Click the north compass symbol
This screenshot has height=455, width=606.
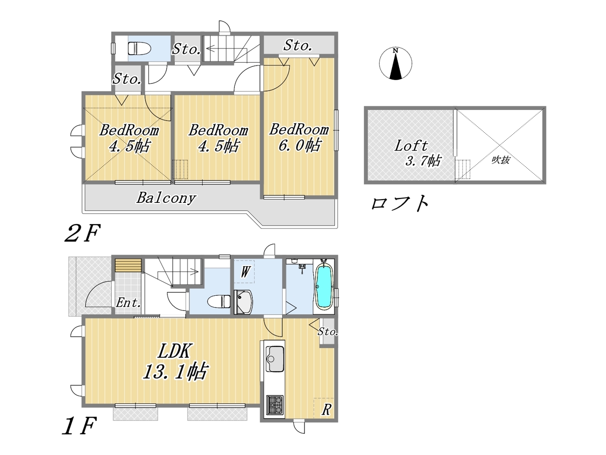tap(395, 63)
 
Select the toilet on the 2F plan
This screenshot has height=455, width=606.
tap(139, 49)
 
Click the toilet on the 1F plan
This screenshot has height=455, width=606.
tap(219, 301)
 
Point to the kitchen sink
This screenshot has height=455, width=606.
tap(275, 359)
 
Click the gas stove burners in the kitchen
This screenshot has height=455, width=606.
tap(275, 405)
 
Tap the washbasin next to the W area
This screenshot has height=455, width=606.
tap(243, 302)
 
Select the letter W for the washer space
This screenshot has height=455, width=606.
tap(245, 272)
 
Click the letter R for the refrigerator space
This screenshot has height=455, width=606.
tap(326, 409)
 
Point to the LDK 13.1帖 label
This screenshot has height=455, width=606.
tap(175, 362)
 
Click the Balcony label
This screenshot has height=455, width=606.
tap(166, 198)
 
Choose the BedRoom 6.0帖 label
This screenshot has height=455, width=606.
tap(299, 137)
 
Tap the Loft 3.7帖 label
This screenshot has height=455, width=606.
tap(418, 153)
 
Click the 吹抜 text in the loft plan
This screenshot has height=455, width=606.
tap(500, 160)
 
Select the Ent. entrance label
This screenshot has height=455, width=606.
tap(128, 303)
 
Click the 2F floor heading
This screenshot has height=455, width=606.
tap(82, 233)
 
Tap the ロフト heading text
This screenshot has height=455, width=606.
tap(400, 203)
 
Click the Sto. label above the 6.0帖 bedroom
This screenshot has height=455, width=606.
tap(298, 45)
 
